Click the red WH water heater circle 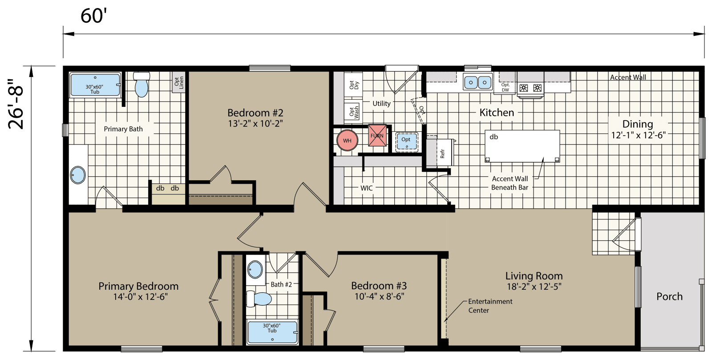click(x=347, y=141)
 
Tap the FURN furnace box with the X click(x=377, y=136)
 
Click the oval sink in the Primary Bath click(x=78, y=175)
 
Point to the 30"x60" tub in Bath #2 click(x=272, y=332)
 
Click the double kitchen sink click(x=477, y=82)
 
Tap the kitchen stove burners click(x=531, y=88)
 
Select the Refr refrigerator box click(x=442, y=153)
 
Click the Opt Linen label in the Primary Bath click(x=179, y=83)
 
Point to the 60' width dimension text click(x=94, y=16)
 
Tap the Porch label click(x=669, y=296)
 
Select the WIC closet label click(x=366, y=188)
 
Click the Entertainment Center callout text click(x=489, y=306)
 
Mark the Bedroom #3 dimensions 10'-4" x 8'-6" click(x=379, y=296)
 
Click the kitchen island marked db click(x=522, y=146)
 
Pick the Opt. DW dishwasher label click(x=505, y=87)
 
